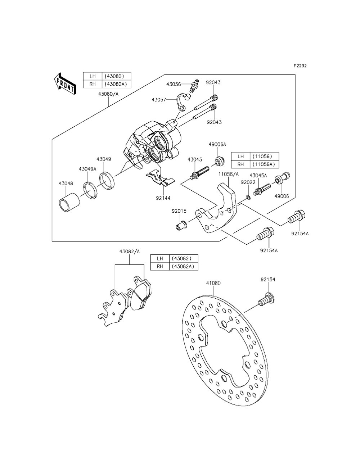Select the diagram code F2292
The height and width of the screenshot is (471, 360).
[x=300, y=66]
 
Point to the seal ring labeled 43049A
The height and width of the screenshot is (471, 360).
[x=90, y=189]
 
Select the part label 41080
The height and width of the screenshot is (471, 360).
[x=213, y=283]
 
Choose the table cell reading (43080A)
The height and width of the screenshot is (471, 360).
[x=116, y=84]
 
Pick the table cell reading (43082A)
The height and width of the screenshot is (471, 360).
[x=184, y=266]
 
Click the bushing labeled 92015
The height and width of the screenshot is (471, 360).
[x=180, y=227]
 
